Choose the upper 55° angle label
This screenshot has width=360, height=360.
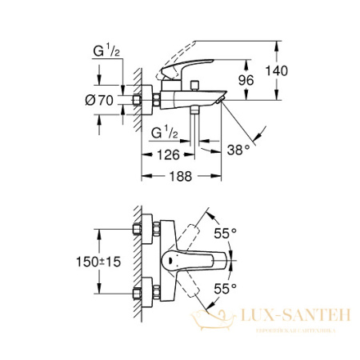tap(226, 233)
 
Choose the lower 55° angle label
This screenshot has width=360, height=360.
tap(226, 286)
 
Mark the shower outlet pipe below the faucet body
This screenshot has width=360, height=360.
tap(193, 124)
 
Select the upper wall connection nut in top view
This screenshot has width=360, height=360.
tap(145, 229)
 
